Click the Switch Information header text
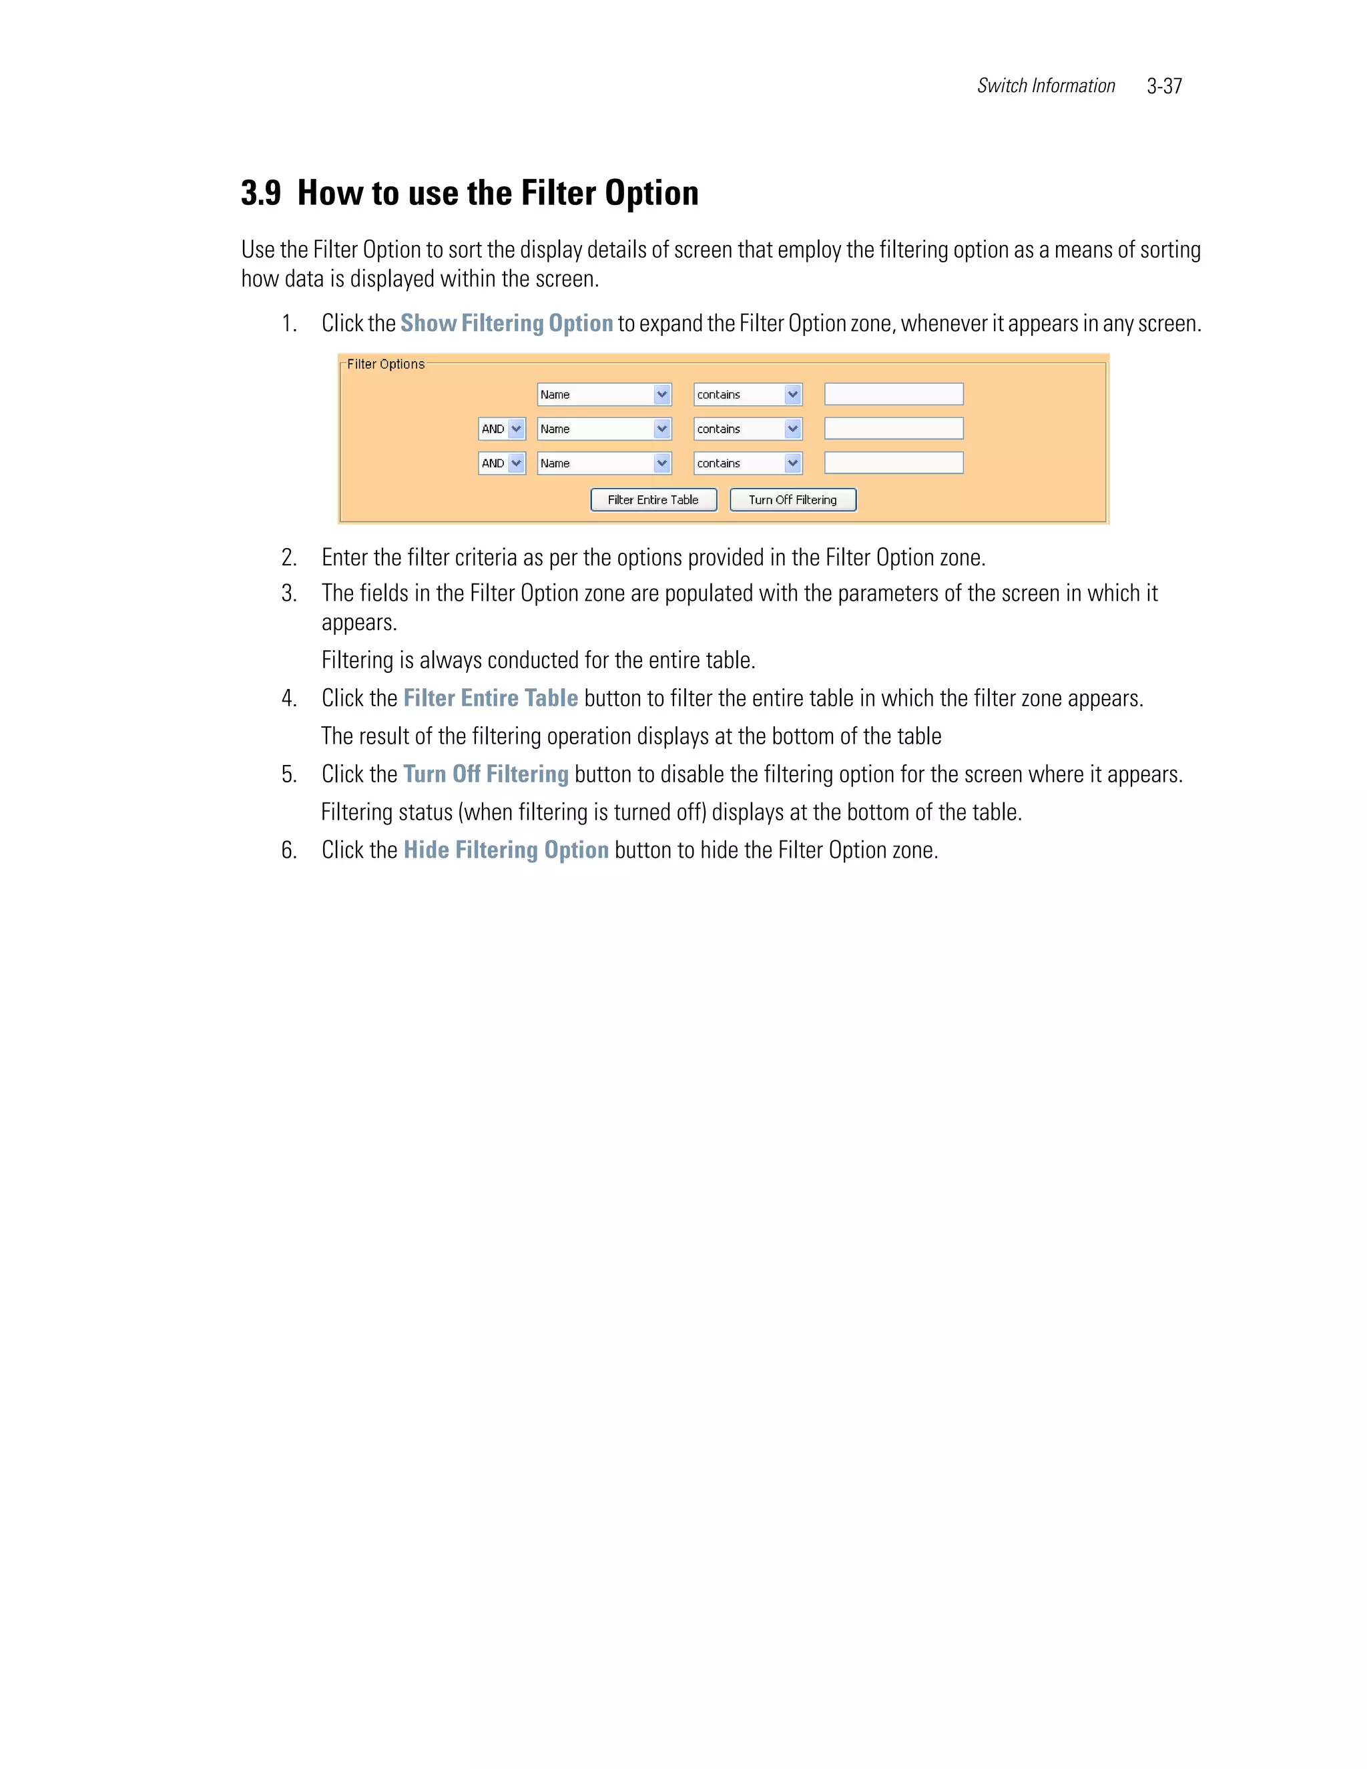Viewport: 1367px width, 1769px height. tap(1045, 86)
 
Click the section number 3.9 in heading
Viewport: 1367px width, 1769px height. tap(261, 194)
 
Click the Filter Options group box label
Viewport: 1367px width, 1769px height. tap(386, 364)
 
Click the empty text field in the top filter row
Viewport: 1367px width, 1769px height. tap(893, 395)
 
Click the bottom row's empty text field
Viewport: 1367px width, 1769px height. tap(893, 463)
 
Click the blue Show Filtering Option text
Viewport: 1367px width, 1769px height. tap(506, 323)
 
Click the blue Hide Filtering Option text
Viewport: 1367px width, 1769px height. tap(505, 850)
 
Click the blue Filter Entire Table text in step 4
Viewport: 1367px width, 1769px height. tap(490, 698)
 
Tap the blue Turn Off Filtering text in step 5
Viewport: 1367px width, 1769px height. tap(486, 774)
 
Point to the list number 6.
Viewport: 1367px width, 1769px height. tap(289, 850)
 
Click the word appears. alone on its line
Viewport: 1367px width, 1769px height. tap(358, 623)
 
